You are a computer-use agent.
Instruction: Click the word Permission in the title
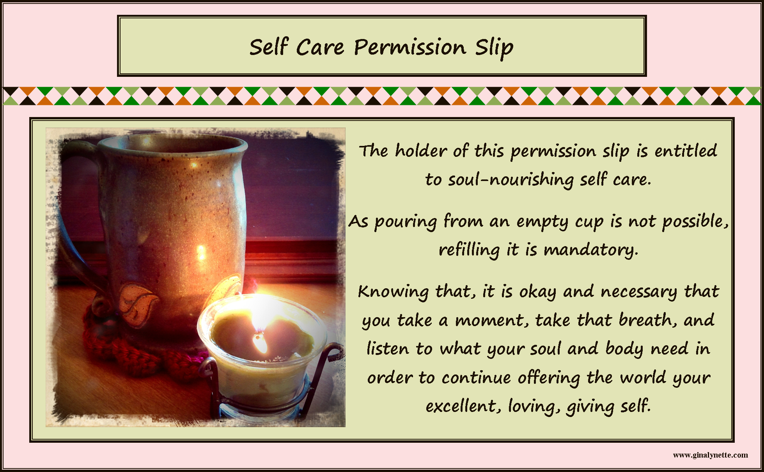click(409, 48)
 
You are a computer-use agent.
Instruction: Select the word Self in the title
click(269, 47)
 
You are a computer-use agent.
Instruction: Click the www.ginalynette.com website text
click(710, 455)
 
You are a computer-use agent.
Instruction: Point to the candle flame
click(259, 339)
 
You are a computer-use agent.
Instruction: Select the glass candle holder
click(261, 371)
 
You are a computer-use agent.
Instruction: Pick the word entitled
click(686, 151)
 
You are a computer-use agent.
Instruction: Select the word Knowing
click(393, 292)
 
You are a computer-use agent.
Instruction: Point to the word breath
click(647, 320)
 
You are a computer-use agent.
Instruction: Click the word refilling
click(469, 250)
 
